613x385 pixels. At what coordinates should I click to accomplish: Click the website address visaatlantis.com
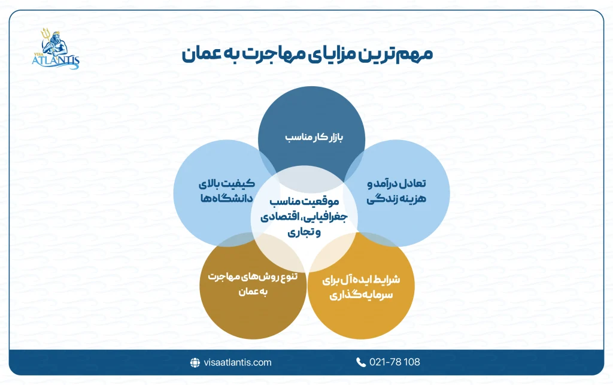point(236,362)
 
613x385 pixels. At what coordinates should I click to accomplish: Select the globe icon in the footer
point(195,362)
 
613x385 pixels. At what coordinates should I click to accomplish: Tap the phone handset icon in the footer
point(361,362)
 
